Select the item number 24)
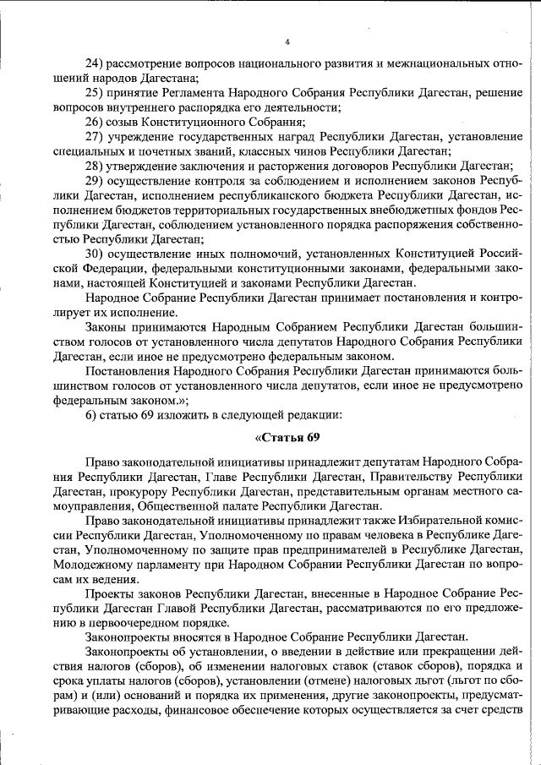click(x=96, y=63)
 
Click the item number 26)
click(x=96, y=122)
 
